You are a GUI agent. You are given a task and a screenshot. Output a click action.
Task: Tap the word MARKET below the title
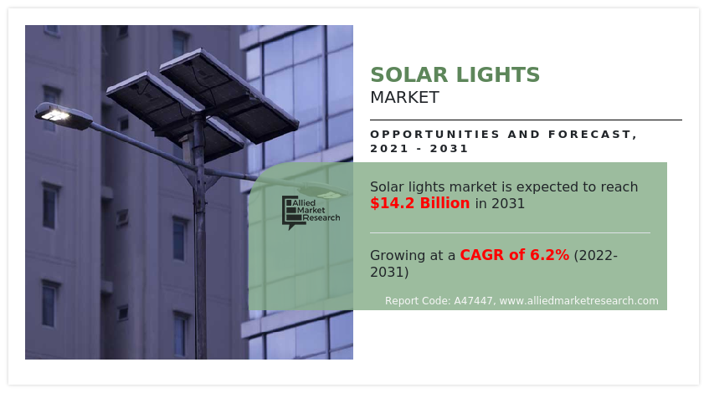pyautogui.click(x=404, y=97)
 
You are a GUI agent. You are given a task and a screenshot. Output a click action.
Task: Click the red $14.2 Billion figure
pyautogui.click(x=420, y=203)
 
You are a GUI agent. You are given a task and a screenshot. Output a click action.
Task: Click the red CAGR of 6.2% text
pyautogui.click(x=514, y=255)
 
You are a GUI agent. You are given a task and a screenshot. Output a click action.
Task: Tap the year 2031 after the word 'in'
pyautogui.click(x=508, y=203)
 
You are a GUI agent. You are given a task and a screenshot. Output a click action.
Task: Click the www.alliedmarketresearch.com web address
pyautogui.click(x=578, y=301)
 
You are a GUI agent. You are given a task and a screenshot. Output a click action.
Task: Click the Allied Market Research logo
pyautogui.click(x=311, y=212)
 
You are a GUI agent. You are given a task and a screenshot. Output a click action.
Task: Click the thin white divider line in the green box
pyautogui.click(x=510, y=232)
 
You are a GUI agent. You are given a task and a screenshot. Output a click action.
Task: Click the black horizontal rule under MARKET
pyautogui.click(x=526, y=120)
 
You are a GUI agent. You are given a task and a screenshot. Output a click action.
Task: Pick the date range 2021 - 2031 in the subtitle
pyautogui.click(x=419, y=149)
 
